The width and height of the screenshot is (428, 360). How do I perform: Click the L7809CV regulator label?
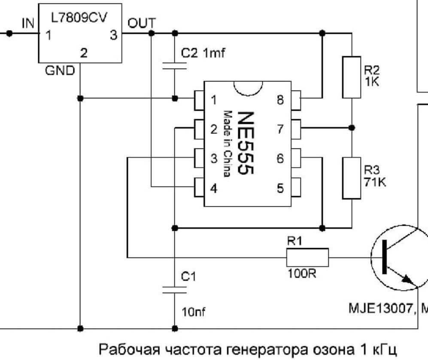click(x=79, y=18)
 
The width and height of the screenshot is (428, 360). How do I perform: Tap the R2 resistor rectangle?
click(x=352, y=77)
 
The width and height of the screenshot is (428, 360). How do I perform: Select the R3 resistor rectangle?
click(x=352, y=178)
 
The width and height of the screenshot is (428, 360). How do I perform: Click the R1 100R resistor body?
click(x=308, y=257)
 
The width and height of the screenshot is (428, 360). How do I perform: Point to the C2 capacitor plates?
click(x=174, y=66)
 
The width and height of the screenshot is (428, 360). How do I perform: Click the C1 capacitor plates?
click(x=174, y=290)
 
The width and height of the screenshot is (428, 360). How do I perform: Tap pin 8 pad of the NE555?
click(x=296, y=100)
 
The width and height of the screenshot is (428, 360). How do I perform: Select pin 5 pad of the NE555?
click(x=296, y=188)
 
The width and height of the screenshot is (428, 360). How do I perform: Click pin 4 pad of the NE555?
click(x=199, y=188)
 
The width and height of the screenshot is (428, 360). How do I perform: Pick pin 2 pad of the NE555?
click(x=199, y=129)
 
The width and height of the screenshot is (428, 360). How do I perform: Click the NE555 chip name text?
click(x=246, y=142)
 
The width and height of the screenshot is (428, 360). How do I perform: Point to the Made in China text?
click(x=228, y=144)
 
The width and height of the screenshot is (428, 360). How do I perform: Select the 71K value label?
click(x=375, y=182)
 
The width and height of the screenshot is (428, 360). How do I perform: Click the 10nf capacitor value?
click(x=193, y=312)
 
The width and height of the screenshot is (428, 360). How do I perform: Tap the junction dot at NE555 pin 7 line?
click(x=352, y=127)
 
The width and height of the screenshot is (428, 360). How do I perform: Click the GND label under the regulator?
click(x=60, y=71)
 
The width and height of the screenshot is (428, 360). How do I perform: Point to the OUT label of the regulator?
click(x=142, y=24)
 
